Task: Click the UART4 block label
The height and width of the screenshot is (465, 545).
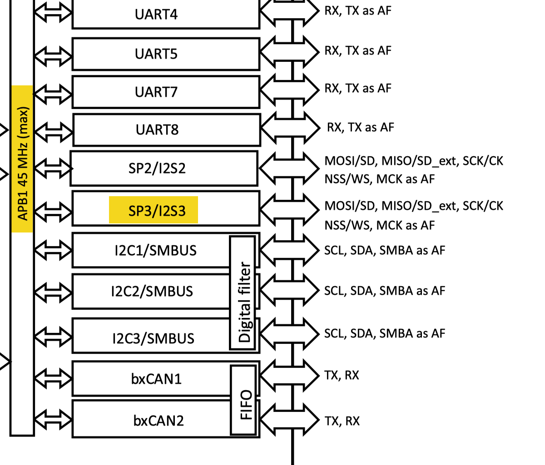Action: [x=156, y=15]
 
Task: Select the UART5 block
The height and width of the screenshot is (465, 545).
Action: [x=156, y=54]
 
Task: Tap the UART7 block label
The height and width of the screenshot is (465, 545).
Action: [x=156, y=92]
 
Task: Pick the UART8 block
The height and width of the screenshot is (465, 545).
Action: [x=157, y=130]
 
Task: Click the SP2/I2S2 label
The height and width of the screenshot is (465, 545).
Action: [x=157, y=168]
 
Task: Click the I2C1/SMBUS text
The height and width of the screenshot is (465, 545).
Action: [x=155, y=251]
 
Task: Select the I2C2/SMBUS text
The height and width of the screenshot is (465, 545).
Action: [x=152, y=291]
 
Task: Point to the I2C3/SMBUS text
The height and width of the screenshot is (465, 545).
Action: [x=153, y=338]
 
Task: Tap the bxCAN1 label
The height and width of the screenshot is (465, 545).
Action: [x=156, y=379]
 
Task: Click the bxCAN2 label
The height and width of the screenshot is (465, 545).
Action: [x=159, y=420]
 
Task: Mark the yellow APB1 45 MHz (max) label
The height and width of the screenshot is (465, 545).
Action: [x=22, y=159]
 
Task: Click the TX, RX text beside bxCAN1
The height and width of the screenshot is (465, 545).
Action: [x=342, y=375]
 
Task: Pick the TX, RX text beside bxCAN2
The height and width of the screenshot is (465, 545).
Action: [x=342, y=421]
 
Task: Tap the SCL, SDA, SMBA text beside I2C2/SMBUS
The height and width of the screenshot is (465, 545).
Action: [x=384, y=291]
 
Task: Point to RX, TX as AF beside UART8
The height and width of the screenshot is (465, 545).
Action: [x=360, y=128]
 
